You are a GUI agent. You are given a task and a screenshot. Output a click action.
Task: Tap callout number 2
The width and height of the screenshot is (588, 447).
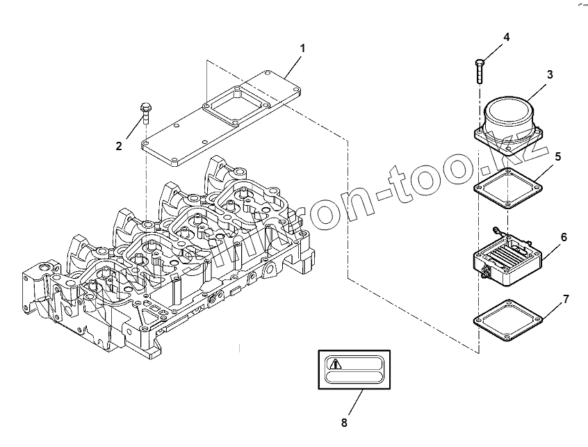[x=119, y=146]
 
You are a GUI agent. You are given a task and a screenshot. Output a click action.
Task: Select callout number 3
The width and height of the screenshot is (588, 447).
[x=549, y=74]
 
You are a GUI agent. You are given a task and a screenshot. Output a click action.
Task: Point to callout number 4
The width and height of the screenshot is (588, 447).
[x=506, y=37]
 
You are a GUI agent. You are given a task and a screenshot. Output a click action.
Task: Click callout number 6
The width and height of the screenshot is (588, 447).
[x=564, y=237]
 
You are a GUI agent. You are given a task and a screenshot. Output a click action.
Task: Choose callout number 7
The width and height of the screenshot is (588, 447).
[x=566, y=299]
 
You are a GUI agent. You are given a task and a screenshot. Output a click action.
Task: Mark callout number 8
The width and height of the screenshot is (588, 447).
[x=343, y=422]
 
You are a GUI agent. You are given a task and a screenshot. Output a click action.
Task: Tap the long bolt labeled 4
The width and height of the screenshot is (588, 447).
[x=480, y=69]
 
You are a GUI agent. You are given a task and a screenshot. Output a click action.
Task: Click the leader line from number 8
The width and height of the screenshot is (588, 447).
[x=353, y=403]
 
